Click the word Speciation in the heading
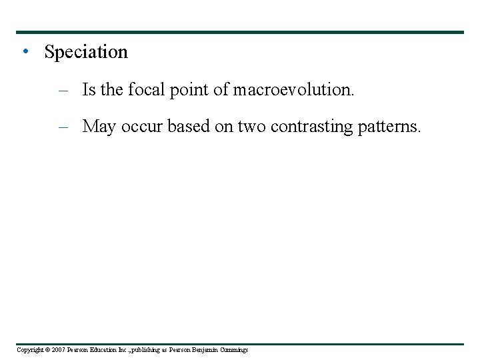coord(85,52)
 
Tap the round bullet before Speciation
coord(25,51)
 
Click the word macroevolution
coord(293,90)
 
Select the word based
coord(189,127)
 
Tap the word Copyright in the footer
coord(29,350)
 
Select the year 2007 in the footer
coord(59,350)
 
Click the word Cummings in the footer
coord(235,350)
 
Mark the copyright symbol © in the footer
coord(47,350)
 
